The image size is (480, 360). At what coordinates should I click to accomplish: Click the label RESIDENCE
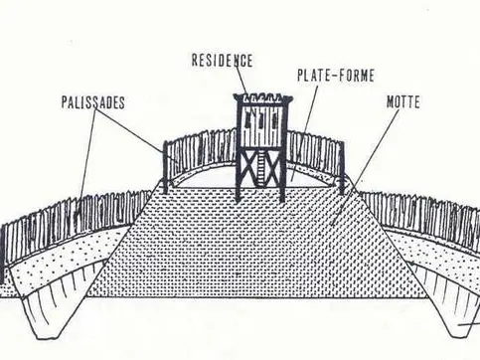[x=222, y=60]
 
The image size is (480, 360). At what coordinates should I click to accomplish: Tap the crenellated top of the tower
[x=259, y=99]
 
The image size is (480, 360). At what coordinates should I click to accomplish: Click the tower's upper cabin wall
[x=259, y=124]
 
